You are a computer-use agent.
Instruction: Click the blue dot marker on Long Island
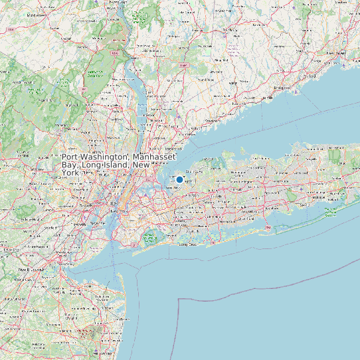179,179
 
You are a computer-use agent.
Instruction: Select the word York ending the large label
70,173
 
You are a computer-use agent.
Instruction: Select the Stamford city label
213,121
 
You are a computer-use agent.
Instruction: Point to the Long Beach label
189,244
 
